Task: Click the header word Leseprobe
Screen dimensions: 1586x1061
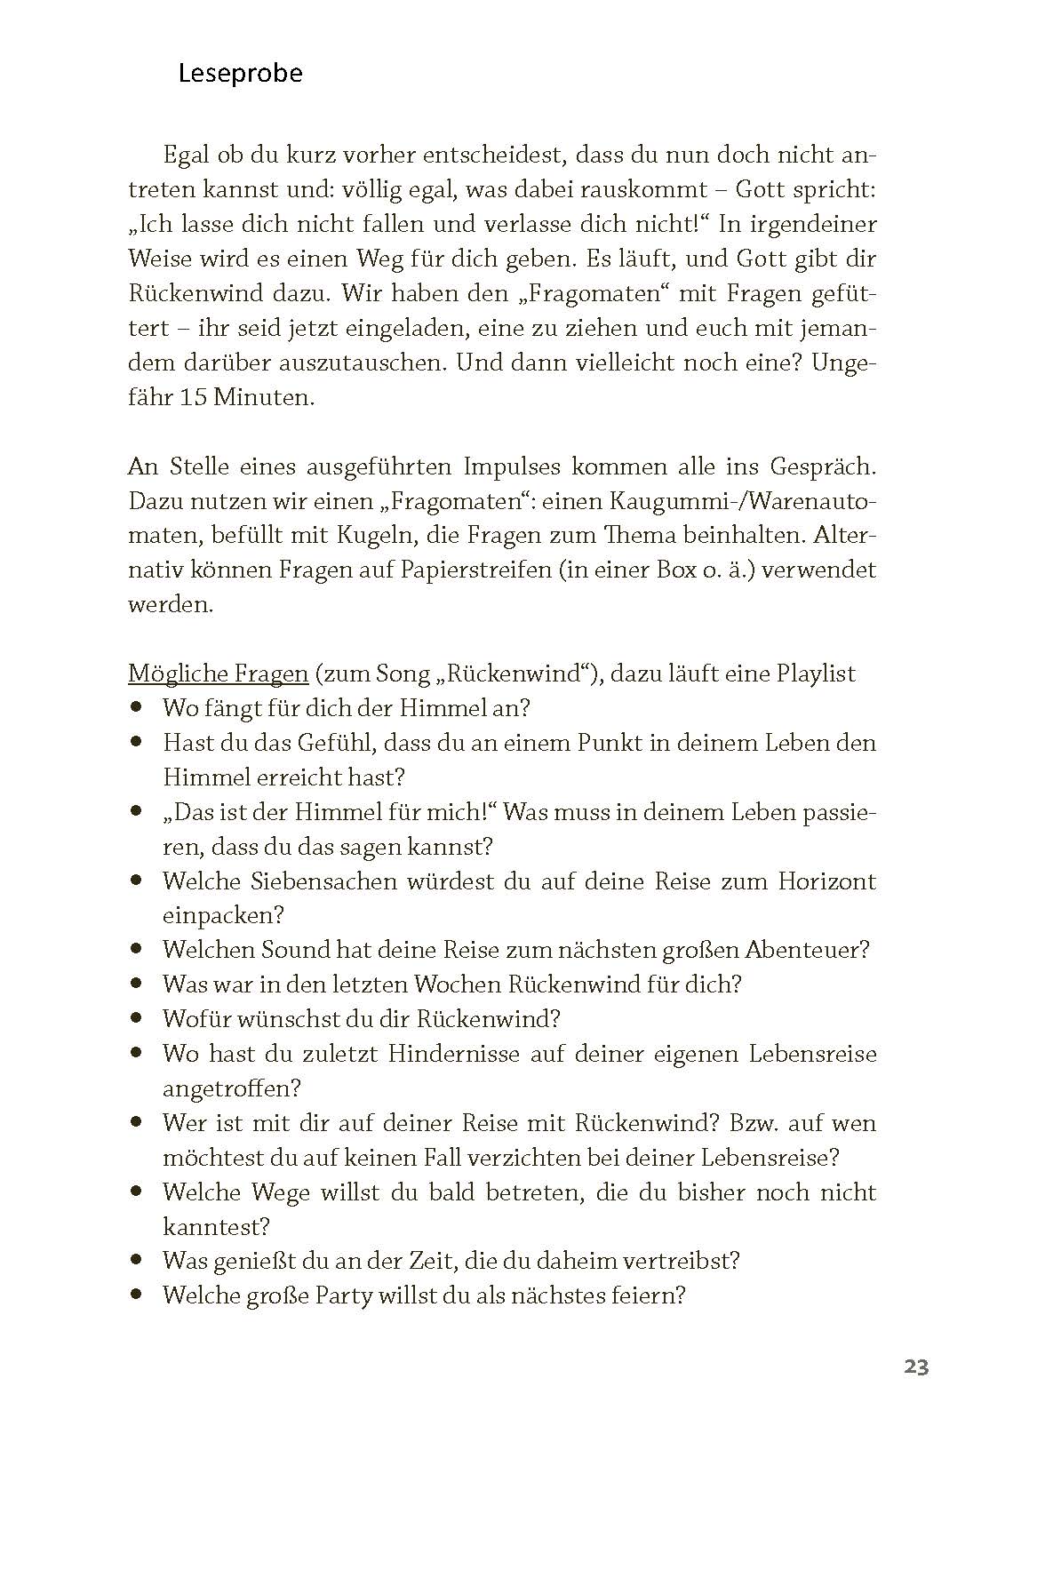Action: click(x=240, y=73)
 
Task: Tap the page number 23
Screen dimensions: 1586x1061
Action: click(x=916, y=1367)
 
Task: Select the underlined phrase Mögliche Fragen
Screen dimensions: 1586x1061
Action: click(x=218, y=673)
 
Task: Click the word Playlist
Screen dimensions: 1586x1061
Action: click(x=816, y=673)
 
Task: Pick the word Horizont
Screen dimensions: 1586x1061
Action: click(x=827, y=881)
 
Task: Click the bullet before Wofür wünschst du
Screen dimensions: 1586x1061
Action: click(x=136, y=1017)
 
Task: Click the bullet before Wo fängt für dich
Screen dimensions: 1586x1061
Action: click(x=136, y=707)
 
